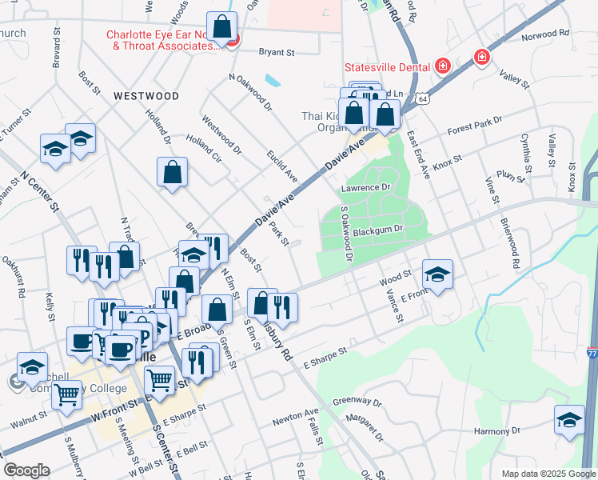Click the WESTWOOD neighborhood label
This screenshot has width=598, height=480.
point(146,96)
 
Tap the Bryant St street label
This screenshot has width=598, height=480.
point(277,53)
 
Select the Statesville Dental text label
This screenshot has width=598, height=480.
point(387,66)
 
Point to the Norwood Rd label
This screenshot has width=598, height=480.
point(544,34)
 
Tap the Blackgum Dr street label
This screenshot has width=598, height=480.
point(381,230)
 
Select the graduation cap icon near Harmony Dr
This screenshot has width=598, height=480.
point(568,419)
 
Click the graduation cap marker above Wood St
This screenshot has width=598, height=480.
point(437,274)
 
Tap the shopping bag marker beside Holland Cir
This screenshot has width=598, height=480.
point(173,171)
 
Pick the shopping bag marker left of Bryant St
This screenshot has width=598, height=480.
point(221,26)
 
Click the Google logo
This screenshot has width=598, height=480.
point(26,470)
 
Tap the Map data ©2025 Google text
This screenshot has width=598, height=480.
point(548,474)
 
